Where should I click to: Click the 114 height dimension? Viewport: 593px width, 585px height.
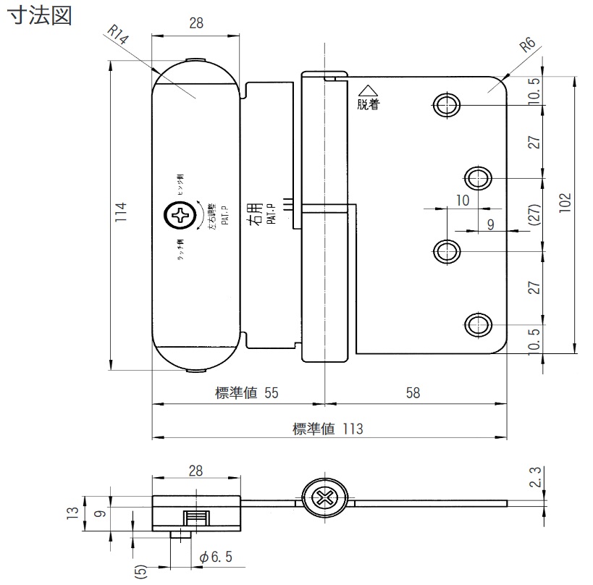[x=122, y=212]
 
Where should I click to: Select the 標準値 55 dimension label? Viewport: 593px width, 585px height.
[x=247, y=393]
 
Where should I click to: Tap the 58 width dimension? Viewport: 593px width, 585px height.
[x=413, y=393]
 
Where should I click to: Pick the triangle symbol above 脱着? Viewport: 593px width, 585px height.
[x=368, y=90]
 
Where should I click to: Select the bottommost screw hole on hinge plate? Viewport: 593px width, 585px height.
[x=476, y=324]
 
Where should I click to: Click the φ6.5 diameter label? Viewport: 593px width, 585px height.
[x=215, y=557]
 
